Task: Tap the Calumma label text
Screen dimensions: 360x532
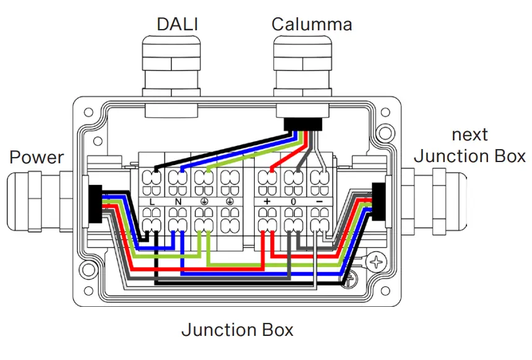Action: click(x=312, y=24)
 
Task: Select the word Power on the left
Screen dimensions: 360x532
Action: click(x=36, y=157)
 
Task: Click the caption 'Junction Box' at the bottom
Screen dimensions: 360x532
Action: click(x=237, y=330)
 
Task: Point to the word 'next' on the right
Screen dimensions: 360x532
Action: click(x=470, y=134)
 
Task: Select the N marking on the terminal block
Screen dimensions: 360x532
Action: click(x=178, y=202)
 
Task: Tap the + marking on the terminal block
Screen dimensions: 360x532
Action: click(x=267, y=202)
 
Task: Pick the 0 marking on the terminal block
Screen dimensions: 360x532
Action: click(x=293, y=202)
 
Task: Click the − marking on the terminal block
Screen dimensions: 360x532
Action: click(x=319, y=202)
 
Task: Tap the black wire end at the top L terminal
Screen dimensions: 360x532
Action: click(x=155, y=169)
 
